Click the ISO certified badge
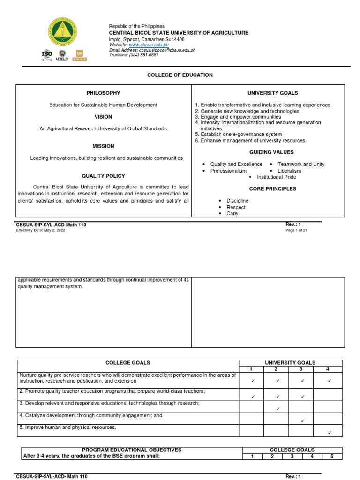(47, 55)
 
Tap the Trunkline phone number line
(134, 55)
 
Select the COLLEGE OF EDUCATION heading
(180, 75)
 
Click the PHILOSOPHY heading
(103, 93)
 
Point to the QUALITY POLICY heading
(103, 176)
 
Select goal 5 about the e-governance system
(239, 135)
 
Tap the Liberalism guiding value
(289, 171)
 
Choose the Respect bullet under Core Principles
(236, 207)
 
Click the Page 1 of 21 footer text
(296, 230)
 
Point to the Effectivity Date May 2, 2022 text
(41, 230)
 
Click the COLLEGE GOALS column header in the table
(128, 363)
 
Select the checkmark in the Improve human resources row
(329, 432)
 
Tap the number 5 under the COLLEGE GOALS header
(332, 456)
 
